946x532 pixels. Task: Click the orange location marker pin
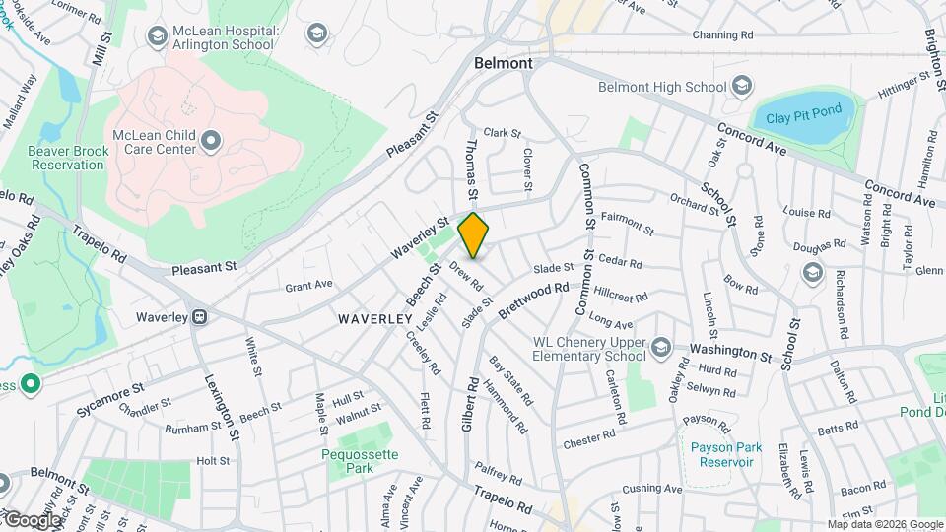(474, 234)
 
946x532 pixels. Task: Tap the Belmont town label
(503, 63)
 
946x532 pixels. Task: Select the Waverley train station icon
(200, 317)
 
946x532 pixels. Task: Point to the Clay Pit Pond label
(803, 121)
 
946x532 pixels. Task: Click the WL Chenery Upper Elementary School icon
(660, 347)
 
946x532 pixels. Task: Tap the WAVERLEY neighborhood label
(373, 319)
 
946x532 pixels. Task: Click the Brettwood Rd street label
(534, 299)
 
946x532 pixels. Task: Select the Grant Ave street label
(308, 288)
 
